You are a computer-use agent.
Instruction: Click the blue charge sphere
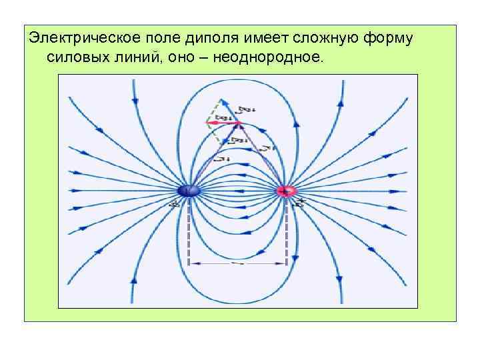pos(189,191)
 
